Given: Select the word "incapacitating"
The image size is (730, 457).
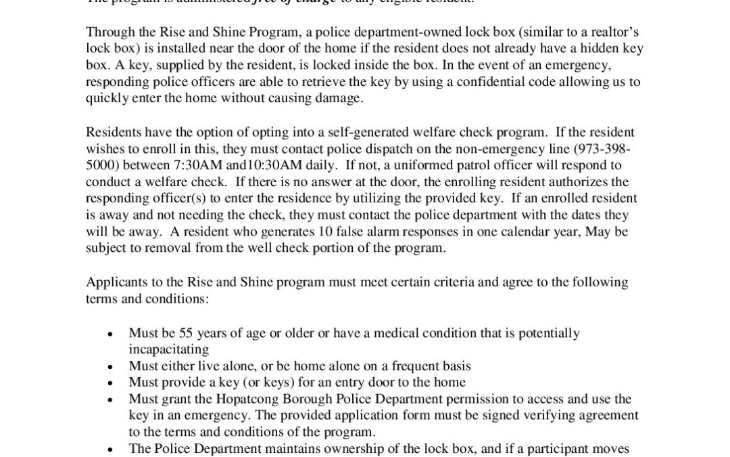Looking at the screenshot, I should [168, 349].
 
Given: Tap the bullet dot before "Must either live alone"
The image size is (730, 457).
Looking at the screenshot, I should [111, 366].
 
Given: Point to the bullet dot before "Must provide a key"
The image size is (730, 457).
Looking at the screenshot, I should [111, 383].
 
